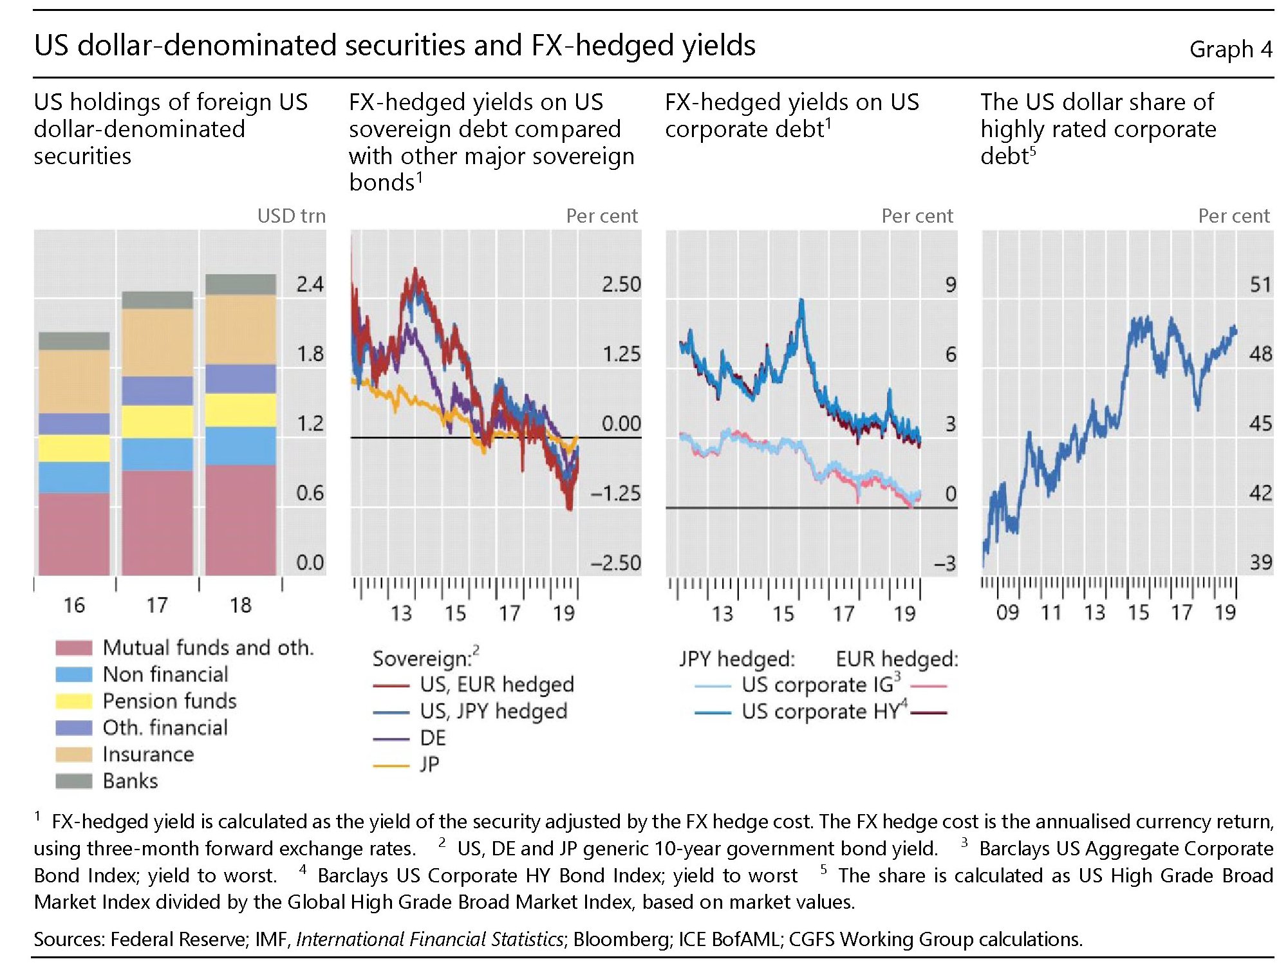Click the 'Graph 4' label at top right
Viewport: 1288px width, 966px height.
click(x=1230, y=49)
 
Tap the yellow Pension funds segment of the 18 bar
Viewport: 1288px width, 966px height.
click(x=241, y=410)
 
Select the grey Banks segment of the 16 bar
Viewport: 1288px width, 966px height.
click(x=74, y=340)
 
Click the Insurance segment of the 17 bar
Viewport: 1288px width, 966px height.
click(x=157, y=342)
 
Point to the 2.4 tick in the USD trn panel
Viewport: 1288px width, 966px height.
click(x=310, y=284)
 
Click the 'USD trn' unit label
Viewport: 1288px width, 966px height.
click(x=291, y=216)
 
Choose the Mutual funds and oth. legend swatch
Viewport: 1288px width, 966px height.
click(x=73, y=647)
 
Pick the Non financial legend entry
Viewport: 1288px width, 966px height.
click(x=165, y=674)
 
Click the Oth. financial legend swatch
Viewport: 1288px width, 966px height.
click(x=73, y=727)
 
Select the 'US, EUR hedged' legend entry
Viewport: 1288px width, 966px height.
click(x=496, y=684)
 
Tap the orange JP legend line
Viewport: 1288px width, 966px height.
click(x=391, y=765)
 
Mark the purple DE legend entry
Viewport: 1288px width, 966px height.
click(x=433, y=738)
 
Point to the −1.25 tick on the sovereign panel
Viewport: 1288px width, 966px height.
click(x=615, y=494)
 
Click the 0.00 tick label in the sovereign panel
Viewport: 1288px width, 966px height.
click(x=621, y=423)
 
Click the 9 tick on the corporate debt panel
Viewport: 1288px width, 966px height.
click(x=950, y=284)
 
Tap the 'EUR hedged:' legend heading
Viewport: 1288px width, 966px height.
click(x=897, y=659)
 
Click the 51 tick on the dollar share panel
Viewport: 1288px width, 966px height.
click(x=1260, y=284)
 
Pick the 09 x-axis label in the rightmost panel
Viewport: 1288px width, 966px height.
click(x=1007, y=613)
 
